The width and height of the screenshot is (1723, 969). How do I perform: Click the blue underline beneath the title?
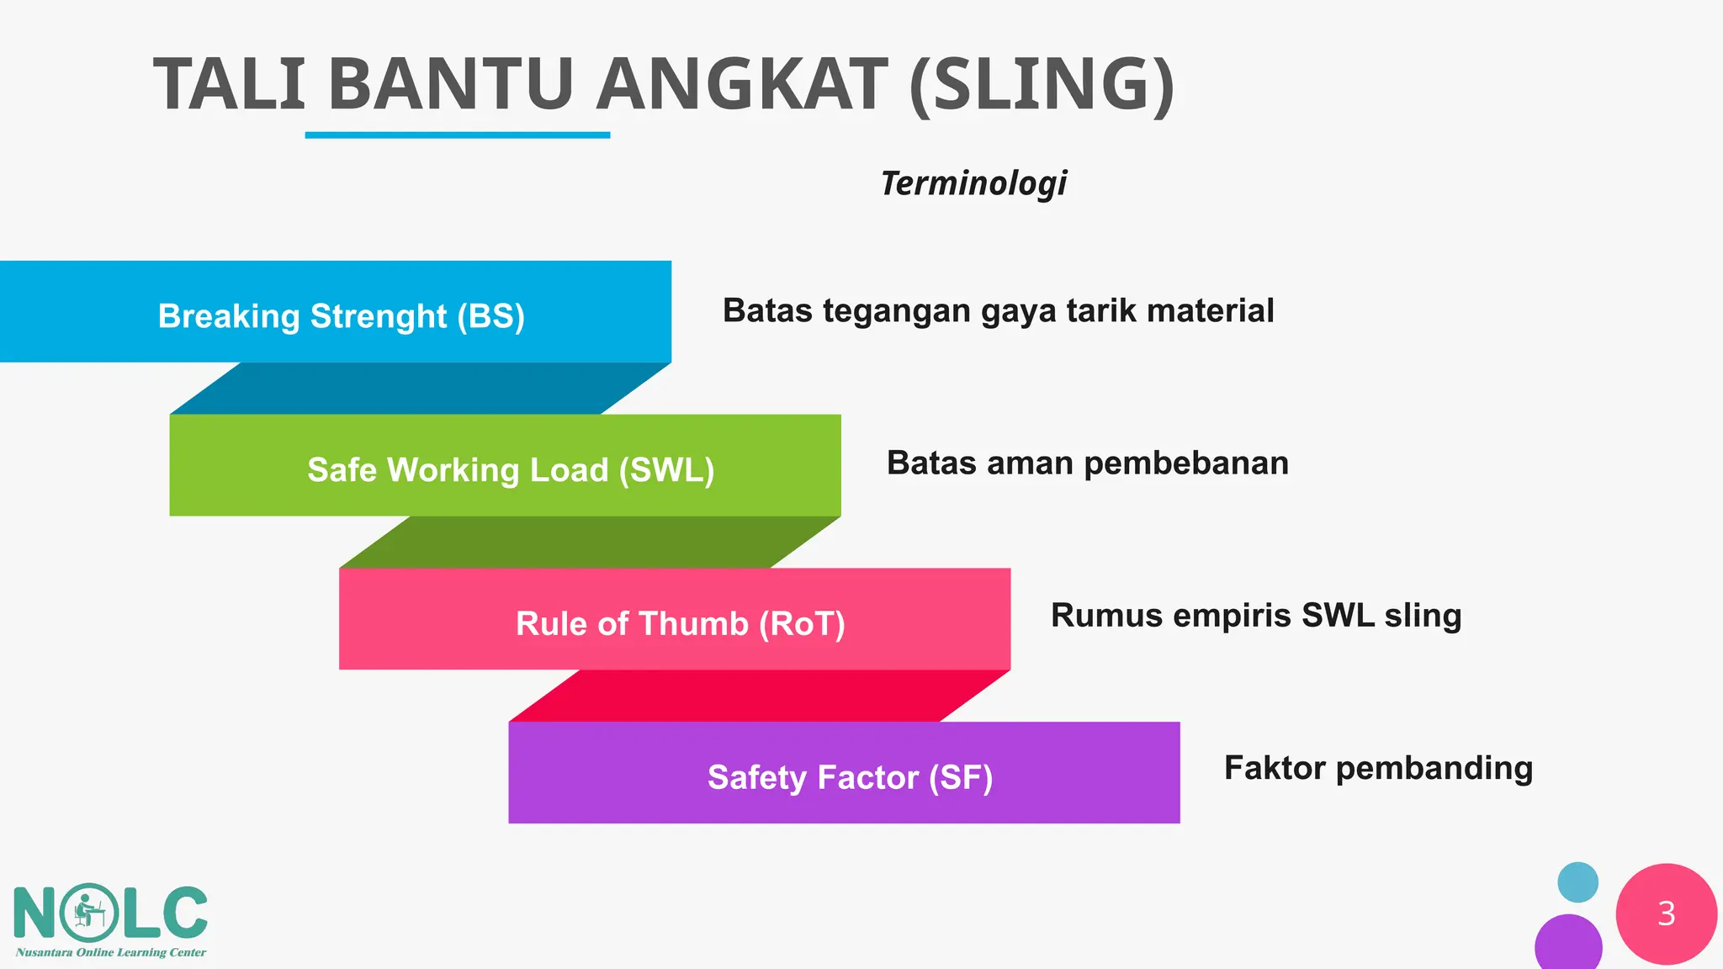pyautogui.click(x=457, y=135)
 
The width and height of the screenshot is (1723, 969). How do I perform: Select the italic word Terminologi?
pyautogui.click(x=973, y=183)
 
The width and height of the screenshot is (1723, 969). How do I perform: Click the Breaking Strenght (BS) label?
pyautogui.click(x=341, y=316)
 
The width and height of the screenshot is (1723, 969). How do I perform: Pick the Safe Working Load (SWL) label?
pyautogui.click(x=511, y=469)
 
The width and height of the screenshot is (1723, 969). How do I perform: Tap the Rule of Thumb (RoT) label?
pyautogui.click(x=680, y=623)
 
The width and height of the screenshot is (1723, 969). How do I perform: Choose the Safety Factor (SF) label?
pyautogui.click(x=850, y=777)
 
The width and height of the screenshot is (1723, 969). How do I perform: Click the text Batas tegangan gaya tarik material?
pyautogui.click(x=998, y=311)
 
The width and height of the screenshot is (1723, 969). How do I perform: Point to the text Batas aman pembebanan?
pyautogui.click(x=1087, y=463)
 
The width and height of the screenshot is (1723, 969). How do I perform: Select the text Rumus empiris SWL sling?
pyautogui.click(x=1255, y=616)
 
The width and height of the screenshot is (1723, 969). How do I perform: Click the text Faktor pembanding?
pyautogui.click(x=1378, y=768)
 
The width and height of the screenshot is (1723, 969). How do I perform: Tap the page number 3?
pyautogui.click(x=1666, y=913)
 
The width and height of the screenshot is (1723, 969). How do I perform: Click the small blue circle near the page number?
pyautogui.click(x=1577, y=882)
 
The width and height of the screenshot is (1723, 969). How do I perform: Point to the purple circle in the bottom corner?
pyautogui.click(x=1568, y=945)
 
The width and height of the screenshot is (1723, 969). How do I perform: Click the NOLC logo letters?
pyautogui.click(x=110, y=913)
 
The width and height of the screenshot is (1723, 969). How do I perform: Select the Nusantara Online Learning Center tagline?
pyautogui.click(x=110, y=953)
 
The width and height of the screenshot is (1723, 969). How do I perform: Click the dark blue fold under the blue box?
pyautogui.click(x=421, y=389)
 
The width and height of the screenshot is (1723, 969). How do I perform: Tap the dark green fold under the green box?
pyautogui.click(x=589, y=543)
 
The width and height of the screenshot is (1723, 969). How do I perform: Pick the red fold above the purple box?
pyautogui.click(x=759, y=696)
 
